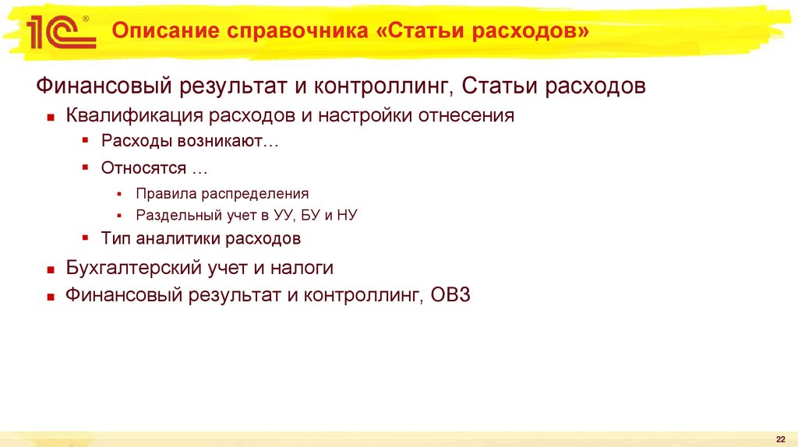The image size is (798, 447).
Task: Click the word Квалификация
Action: tap(132, 116)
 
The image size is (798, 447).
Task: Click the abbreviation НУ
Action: tap(346, 215)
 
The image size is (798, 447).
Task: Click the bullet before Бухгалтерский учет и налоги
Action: tap(50, 269)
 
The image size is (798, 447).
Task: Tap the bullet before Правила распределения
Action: tap(119, 194)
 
